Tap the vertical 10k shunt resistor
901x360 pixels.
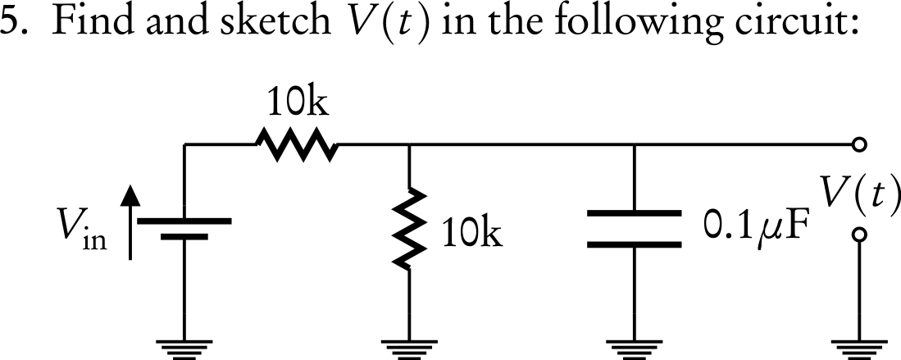click(x=408, y=229)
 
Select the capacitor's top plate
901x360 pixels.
click(x=635, y=215)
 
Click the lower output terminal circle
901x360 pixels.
click(x=858, y=235)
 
